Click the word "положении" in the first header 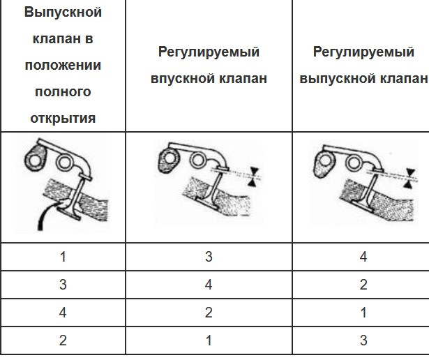point(63,66)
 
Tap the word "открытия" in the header point(63,119)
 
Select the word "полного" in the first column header point(63,92)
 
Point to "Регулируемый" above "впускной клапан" point(209,52)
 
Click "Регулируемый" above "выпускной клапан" point(363,52)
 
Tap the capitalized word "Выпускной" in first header point(63,13)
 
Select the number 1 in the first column point(63,257)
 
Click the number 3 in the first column point(63,285)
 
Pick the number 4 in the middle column point(209,285)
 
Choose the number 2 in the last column point(363,285)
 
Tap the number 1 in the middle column point(209,340)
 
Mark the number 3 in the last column point(363,340)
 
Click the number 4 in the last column point(363,257)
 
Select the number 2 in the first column point(63,340)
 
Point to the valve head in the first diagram point(69,213)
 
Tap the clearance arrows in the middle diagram point(254,177)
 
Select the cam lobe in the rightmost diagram point(324,164)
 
